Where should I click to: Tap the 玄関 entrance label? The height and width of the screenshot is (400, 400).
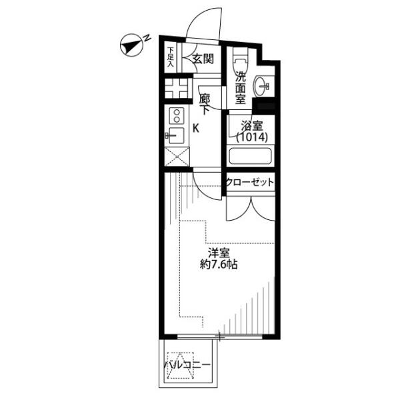[x=203, y=59]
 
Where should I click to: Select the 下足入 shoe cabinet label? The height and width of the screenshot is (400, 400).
[x=171, y=57]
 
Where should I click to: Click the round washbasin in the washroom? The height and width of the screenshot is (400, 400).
[x=261, y=87]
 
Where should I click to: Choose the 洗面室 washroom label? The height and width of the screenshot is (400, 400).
[x=240, y=87]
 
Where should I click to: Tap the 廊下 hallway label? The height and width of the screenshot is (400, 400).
[x=205, y=104]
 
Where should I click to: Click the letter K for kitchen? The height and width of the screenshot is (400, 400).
[x=195, y=128]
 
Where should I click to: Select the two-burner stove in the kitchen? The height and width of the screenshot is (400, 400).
[x=177, y=115]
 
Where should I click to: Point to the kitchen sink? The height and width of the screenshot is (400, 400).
[x=175, y=135]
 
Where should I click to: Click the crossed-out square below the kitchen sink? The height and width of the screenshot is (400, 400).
[x=177, y=157]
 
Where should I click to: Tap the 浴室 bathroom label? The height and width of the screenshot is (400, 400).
[x=252, y=126]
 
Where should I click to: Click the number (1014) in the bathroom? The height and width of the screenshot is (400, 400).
[x=252, y=137]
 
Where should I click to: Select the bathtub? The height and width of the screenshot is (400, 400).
[x=250, y=156]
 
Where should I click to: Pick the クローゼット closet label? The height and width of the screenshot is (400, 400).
[x=250, y=182]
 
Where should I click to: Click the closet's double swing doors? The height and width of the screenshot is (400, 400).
[x=251, y=209]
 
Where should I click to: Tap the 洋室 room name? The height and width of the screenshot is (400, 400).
[x=219, y=253]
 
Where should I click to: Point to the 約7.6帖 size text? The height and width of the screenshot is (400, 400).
[x=219, y=265]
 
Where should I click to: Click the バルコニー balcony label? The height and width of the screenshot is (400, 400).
[x=187, y=365]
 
